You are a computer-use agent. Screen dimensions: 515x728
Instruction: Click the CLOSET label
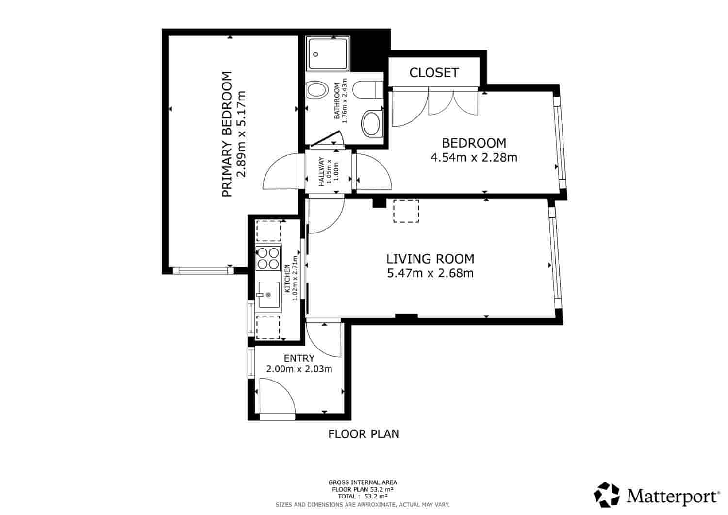pos(434,73)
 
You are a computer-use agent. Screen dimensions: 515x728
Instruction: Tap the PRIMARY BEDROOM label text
pos(226,134)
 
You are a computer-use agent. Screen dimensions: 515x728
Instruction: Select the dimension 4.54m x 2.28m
pos(474,157)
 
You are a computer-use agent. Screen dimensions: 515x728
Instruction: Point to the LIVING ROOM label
pos(430,259)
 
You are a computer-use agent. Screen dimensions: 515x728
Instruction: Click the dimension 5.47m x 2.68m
pos(430,273)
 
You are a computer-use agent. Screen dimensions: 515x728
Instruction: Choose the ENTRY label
pos(299,358)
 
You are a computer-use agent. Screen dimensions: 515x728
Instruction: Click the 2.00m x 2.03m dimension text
pos(299,369)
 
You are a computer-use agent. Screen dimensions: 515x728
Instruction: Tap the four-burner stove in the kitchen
pos(268,258)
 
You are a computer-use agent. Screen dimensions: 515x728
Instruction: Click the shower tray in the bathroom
pos(328,54)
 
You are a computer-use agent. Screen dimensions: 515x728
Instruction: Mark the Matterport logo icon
pos(607,495)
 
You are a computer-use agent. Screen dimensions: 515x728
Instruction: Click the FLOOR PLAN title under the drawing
pos(364,434)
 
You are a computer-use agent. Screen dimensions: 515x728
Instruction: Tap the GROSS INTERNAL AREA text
pos(363,482)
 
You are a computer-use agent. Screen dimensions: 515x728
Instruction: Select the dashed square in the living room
pos(406,211)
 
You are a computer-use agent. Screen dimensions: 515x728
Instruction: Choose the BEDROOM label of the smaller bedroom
pos(474,143)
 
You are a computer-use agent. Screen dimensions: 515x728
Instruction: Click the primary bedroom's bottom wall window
pos(202,270)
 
